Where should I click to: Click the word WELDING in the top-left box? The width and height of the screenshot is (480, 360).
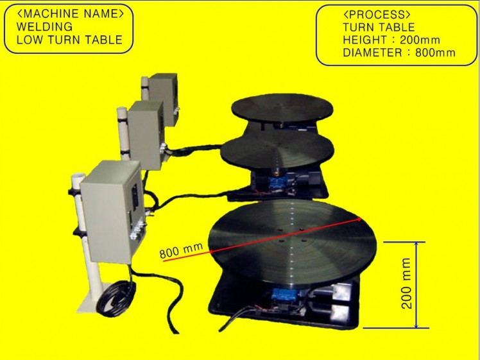click(x=44, y=27)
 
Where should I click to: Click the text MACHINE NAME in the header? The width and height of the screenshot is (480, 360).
click(x=71, y=13)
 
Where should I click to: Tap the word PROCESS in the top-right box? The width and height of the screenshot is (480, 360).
click(x=377, y=14)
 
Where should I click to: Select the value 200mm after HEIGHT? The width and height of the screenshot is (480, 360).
click(x=420, y=40)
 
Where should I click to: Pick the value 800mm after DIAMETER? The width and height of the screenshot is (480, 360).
click(x=435, y=53)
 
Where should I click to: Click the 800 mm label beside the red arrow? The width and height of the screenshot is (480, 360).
click(x=181, y=250)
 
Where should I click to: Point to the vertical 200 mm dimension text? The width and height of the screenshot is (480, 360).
click(x=406, y=283)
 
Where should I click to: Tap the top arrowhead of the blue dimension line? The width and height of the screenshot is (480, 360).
click(x=416, y=244)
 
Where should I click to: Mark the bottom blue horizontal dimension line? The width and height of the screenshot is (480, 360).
click(x=395, y=328)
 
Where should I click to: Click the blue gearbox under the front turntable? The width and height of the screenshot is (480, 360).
click(x=284, y=295)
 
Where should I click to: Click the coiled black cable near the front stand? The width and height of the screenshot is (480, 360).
click(x=116, y=297)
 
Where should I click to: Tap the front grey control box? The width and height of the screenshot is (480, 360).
click(x=112, y=212)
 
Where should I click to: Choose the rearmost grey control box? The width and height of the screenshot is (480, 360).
click(x=163, y=99)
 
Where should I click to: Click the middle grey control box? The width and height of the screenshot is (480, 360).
click(x=146, y=135)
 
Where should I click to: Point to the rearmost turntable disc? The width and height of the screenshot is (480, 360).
click(x=282, y=107)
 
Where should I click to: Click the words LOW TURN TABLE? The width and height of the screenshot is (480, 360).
click(x=69, y=40)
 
